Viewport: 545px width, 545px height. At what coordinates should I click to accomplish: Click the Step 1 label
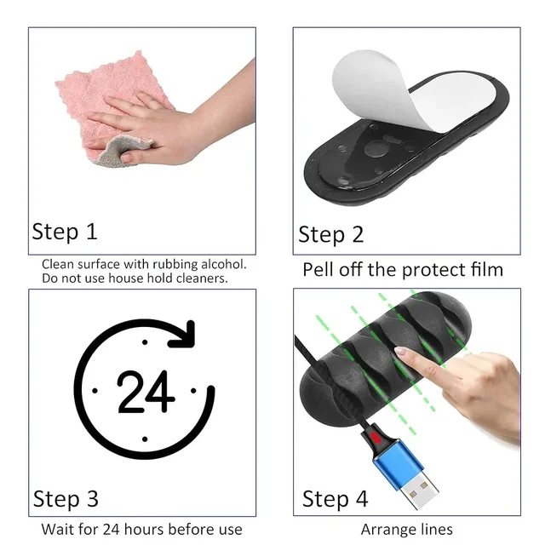coord(65,232)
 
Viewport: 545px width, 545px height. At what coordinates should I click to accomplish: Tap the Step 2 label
coord(331,235)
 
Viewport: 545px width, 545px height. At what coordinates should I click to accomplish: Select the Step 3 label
coord(66,499)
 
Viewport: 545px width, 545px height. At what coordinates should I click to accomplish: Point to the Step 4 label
coord(335,499)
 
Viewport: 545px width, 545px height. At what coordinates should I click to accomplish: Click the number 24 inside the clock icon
coord(146,392)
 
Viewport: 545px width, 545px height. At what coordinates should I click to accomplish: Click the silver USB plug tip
coord(418,490)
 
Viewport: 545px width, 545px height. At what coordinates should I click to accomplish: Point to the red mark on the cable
coord(376,437)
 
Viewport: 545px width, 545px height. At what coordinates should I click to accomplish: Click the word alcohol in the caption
coord(224,265)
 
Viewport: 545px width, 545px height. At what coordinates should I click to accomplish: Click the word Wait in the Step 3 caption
coord(57,530)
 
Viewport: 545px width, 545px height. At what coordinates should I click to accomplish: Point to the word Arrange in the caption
coord(387,530)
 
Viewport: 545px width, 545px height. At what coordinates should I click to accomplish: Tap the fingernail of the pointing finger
coord(401,351)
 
